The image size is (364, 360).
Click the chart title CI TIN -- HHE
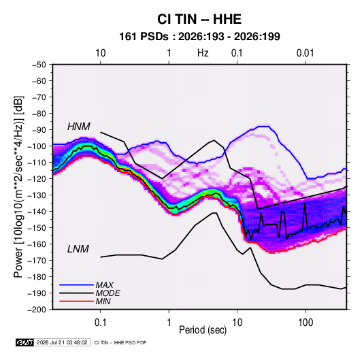pyautogui.click(x=199, y=19)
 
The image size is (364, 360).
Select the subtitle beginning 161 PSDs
pyautogui.click(x=199, y=37)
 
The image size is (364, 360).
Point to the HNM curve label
pyautogui.click(x=79, y=127)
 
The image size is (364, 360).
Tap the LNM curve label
pyautogui.click(x=78, y=249)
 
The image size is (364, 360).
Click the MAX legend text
pyautogui.click(x=105, y=285)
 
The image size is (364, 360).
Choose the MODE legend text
pyautogui.click(x=108, y=293)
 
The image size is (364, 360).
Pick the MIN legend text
pyautogui.click(x=103, y=301)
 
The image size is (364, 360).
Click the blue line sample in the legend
pyautogui.click(x=76, y=285)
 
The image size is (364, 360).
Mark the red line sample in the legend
pyautogui.click(x=76, y=301)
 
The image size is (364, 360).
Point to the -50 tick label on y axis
pyautogui.click(x=39, y=65)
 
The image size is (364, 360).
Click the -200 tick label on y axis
pyautogui.click(x=37, y=310)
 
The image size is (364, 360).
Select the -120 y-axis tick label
pyautogui.click(x=37, y=179)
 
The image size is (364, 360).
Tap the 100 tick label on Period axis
pyautogui.click(x=305, y=323)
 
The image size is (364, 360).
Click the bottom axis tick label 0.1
pyautogui.click(x=100, y=323)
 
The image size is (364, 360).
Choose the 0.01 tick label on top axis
pyautogui.click(x=305, y=53)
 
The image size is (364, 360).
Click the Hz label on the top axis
pyautogui.click(x=203, y=53)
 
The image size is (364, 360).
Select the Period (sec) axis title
pyautogui.click(x=203, y=330)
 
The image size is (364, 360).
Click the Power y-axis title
pyautogui.click(x=18, y=187)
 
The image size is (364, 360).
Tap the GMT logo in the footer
pyautogui.click(x=25, y=342)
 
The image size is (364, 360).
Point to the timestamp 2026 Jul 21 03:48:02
pyautogui.click(x=62, y=342)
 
